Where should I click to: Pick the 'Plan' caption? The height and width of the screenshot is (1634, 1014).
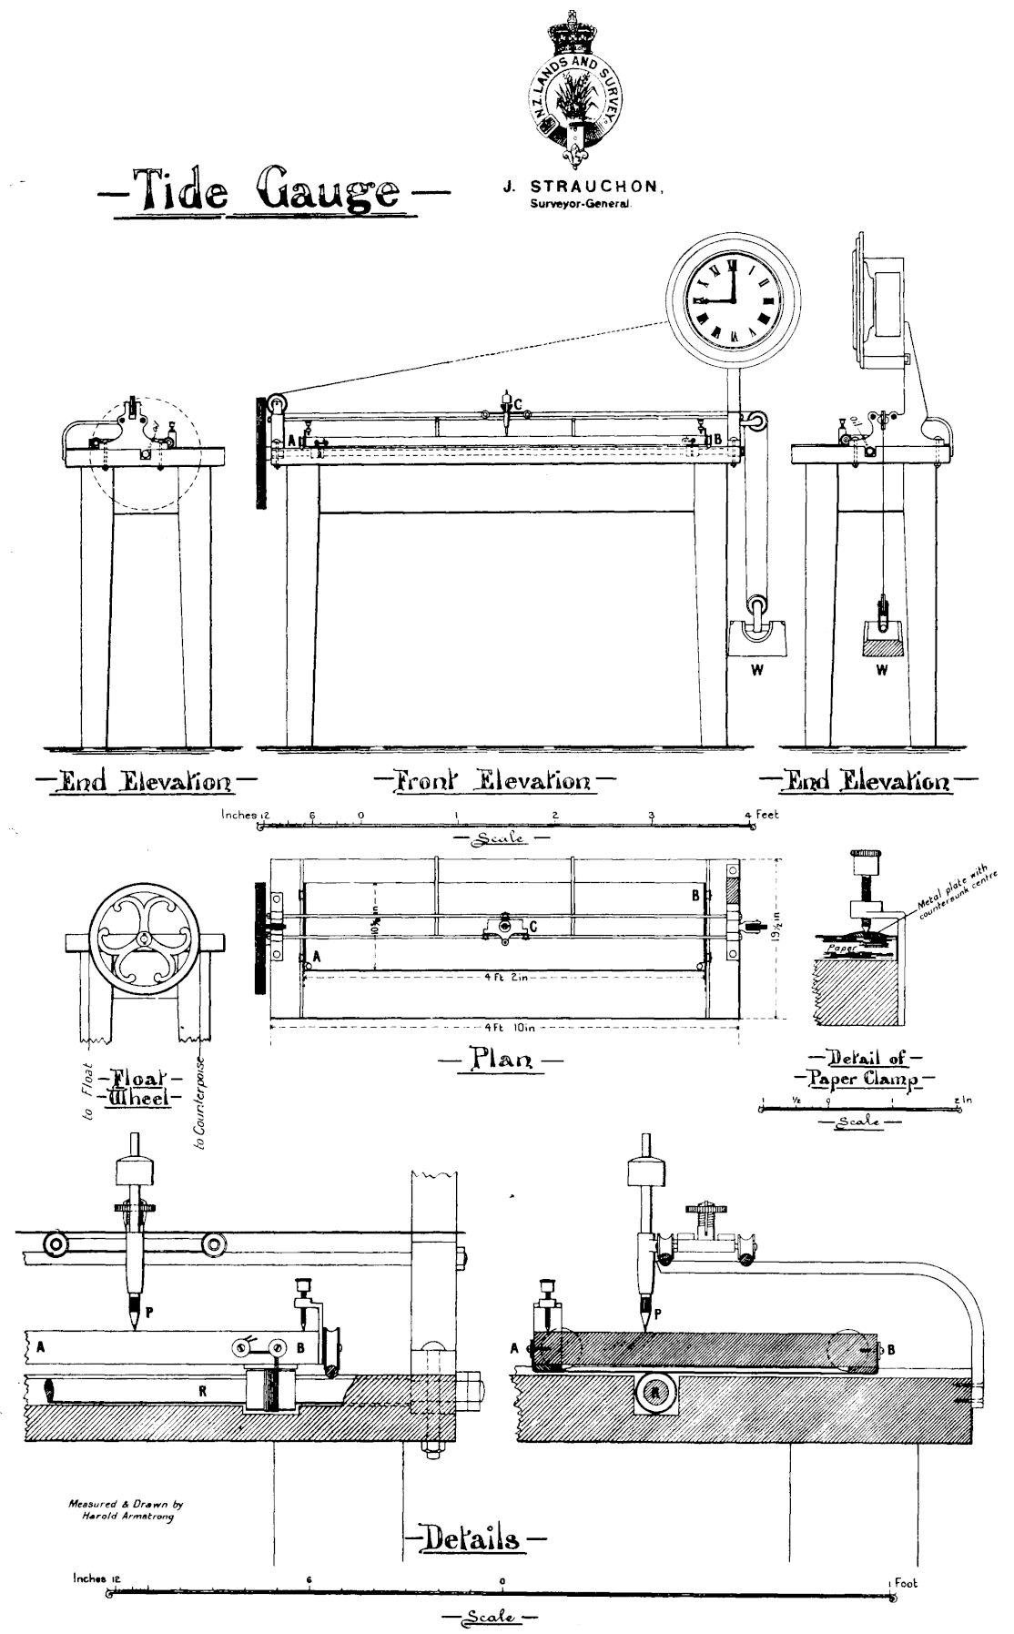(x=499, y=1059)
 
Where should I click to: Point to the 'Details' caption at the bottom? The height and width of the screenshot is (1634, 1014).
(x=474, y=1538)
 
